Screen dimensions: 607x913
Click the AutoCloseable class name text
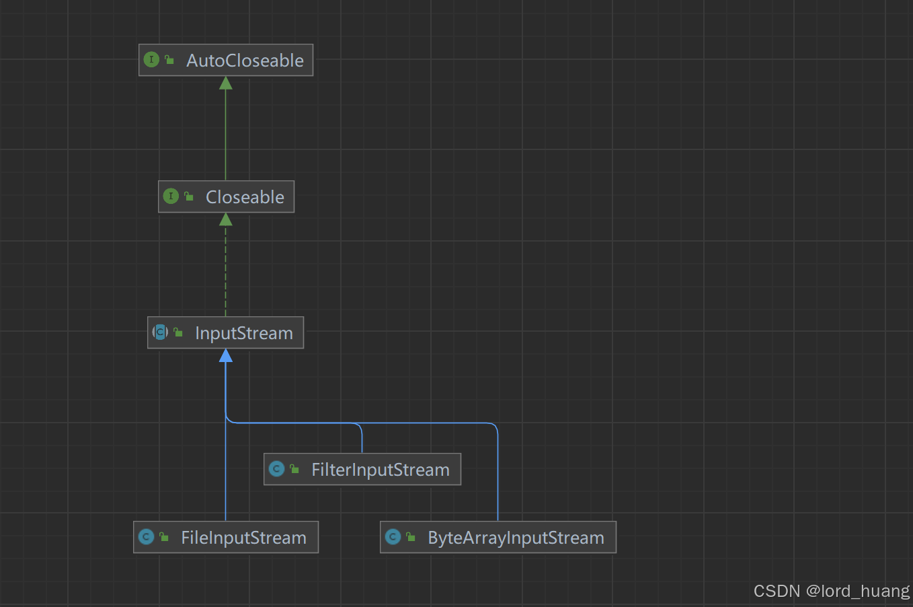[x=245, y=61]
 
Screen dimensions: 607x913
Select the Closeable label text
[x=245, y=197]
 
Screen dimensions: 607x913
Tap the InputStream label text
[x=244, y=333]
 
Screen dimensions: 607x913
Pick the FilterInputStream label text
[x=380, y=470]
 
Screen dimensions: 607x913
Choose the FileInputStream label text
[x=243, y=538]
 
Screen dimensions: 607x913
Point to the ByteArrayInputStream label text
[x=516, y=538]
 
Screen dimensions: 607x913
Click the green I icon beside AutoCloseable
[x=151, y=60]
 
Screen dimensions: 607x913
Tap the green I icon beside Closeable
[x=171, y=197]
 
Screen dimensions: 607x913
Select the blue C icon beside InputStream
[x=160, y=332]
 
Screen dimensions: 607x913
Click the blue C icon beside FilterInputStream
[x=276, y=469]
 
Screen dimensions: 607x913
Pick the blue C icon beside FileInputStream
[x=146, y=537]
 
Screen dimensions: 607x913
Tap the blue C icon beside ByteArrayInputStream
[x=393, y=537]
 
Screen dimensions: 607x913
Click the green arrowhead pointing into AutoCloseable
[x=226, y=83]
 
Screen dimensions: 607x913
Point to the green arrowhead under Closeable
[x=226, y=219]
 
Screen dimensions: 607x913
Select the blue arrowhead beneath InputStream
[x=226, y=355]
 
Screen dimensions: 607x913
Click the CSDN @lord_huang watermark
[x=831, y=591]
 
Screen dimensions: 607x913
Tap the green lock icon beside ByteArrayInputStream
[x=411, y=537]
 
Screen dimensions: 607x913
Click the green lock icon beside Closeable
[x=189, y=197]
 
